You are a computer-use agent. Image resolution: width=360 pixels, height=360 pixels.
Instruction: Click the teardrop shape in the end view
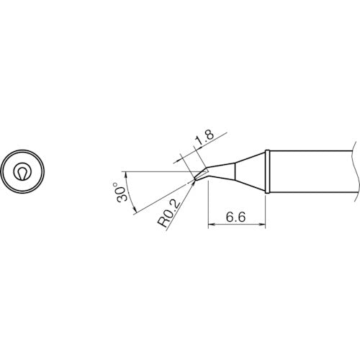[x=23, y=172]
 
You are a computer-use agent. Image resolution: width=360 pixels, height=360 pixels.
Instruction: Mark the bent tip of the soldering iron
[x=199, y=175]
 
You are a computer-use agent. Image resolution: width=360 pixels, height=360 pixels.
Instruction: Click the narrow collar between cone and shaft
[x=267, y=172]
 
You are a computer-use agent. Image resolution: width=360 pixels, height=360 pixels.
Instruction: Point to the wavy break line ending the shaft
[x=355, y=172]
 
